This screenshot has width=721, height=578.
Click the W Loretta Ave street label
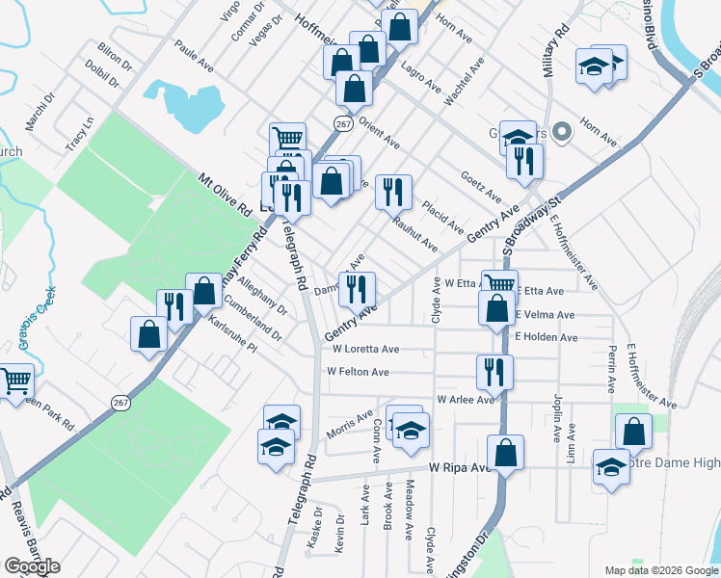(362, 350)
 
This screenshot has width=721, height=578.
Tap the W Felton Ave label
(358, 372)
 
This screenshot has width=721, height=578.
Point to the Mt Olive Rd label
(225, 193)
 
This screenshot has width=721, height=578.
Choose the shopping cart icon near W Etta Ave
(499, 284)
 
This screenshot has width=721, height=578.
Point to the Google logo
(31, 566)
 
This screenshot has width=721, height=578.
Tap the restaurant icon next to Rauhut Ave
(393, 192)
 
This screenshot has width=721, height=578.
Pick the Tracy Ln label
(80, 134)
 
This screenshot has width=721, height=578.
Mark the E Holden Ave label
(546, 337)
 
